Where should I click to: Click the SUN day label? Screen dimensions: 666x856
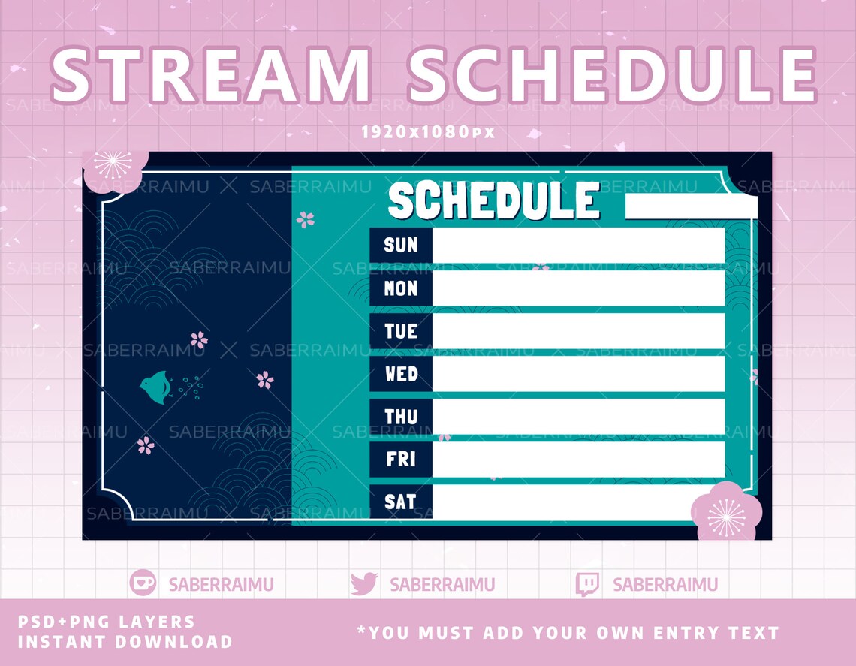(400, 245)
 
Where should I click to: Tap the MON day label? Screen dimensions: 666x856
(400, 288)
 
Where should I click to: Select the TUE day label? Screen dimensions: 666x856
(400, 331)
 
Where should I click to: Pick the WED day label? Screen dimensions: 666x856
(400, 374)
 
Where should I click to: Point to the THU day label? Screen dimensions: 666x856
(400, 417)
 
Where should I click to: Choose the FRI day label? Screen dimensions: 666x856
(400, 459)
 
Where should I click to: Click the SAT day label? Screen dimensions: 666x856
(400, 502)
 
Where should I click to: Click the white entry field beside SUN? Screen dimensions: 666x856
(578, 246)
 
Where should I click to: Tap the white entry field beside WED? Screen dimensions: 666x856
(578, 374)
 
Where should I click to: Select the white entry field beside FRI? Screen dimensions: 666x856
(578, 459)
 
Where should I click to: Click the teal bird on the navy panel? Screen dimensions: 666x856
(155, 387)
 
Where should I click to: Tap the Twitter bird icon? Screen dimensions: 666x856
(364, 584)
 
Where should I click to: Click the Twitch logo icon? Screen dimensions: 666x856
(587, 584)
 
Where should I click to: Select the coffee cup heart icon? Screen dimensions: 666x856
(142, 583)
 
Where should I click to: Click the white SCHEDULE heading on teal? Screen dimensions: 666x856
(494, 201)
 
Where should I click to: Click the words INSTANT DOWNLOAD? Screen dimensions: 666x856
(125, 642)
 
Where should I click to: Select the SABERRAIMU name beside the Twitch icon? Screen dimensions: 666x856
(665, 584)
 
